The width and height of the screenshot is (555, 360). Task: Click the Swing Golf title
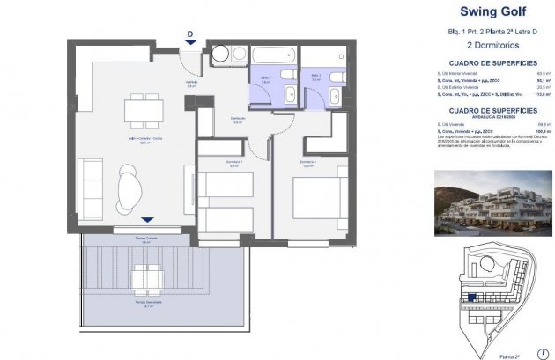[495, 12]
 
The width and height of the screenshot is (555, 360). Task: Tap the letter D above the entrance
[190, 34]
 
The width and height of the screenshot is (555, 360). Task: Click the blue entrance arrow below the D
[190, 47]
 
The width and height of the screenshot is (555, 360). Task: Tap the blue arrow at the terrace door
[147, 219]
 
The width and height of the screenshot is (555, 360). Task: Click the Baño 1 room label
[315, 77]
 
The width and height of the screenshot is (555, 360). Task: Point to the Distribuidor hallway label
[237, 119]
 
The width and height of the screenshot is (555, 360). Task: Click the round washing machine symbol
[218, 55]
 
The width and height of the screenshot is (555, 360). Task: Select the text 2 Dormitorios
[494, 53]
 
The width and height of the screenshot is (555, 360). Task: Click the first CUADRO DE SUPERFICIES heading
[494, 64]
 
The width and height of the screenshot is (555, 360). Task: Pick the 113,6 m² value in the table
[546, 94]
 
